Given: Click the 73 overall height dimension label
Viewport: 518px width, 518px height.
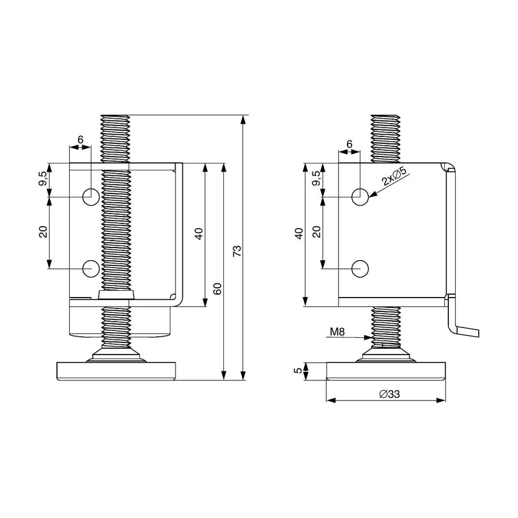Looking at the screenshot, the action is [x=237, y=251].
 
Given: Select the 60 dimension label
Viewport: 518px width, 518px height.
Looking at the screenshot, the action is [x=218, y=288].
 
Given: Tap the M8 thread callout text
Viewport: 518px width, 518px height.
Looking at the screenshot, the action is [x=337, y=332].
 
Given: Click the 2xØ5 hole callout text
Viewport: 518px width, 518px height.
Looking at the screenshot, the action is [x=394, y=176].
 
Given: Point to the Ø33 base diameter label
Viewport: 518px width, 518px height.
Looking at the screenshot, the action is [x=390, y=394].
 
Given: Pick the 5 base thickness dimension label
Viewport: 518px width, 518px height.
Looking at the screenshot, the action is [x=298, y=371].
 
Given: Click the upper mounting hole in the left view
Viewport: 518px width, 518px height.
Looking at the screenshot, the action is [x=91, y=197].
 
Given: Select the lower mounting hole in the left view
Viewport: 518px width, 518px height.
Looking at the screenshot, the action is [x=91, y=269].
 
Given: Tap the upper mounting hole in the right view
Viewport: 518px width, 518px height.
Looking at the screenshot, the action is [x=360, y=197].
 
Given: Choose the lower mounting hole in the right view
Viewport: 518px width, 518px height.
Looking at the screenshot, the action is [x=360, y=269].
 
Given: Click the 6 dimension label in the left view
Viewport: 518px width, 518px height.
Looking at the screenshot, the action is [x=80, y=140].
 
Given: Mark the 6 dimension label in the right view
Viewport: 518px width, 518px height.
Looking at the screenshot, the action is [x=349, y=144].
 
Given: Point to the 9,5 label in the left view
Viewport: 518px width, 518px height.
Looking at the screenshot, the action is [x=43, y=178].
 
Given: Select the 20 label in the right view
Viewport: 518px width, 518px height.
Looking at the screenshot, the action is [x=317, y=231].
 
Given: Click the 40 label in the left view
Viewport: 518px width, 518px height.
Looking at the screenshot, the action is [x=199, y=234].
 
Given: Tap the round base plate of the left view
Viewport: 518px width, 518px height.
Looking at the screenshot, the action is [x=116, y=371].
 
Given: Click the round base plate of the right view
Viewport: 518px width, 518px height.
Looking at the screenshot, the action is [x=386, y=371].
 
